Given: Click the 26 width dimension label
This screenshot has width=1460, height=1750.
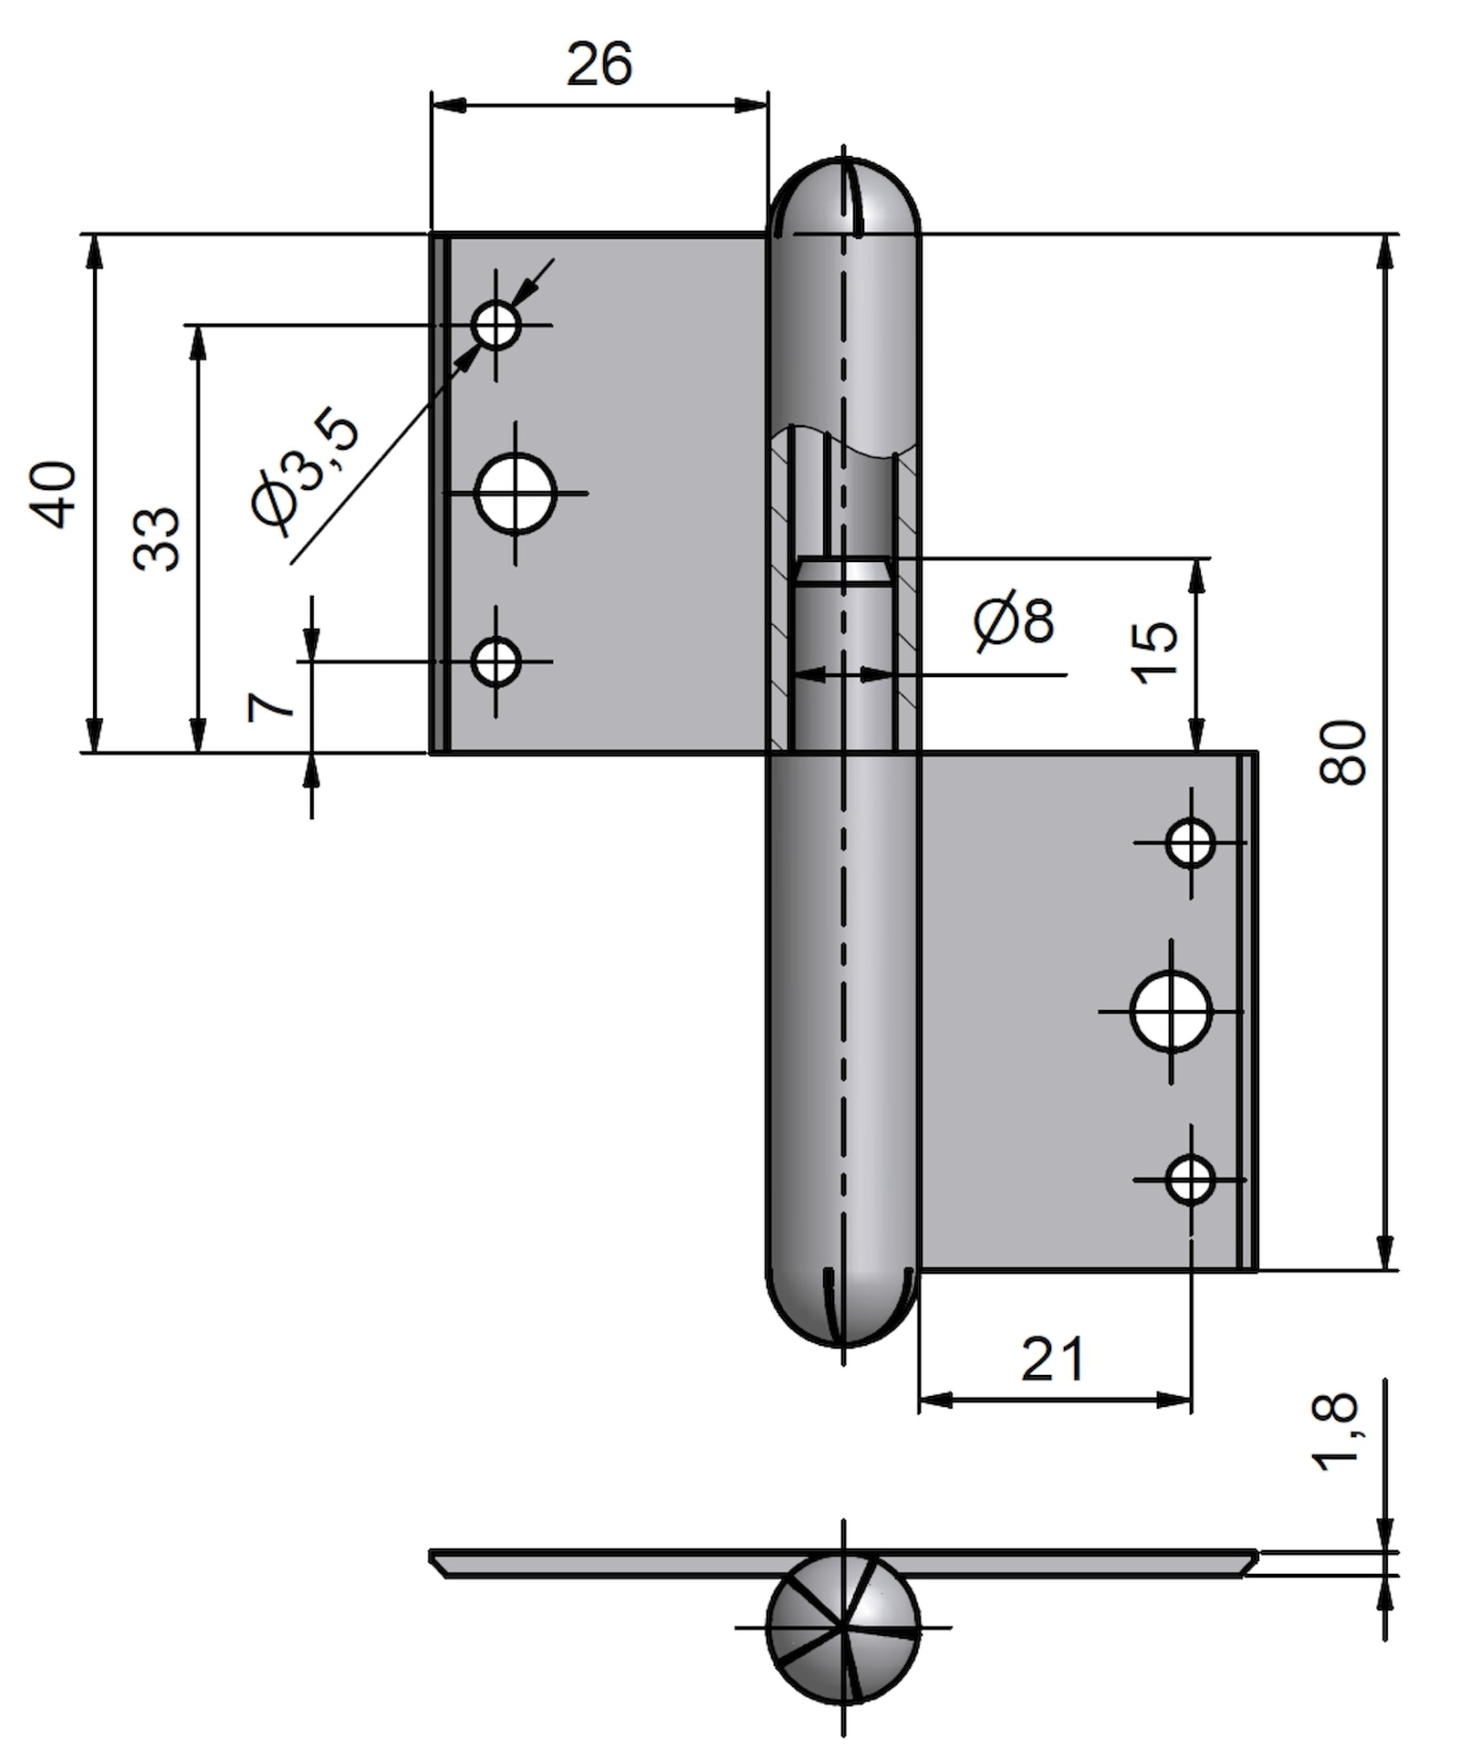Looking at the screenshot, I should pos(599,65).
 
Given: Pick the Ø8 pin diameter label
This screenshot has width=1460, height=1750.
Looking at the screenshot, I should pos(1014,621).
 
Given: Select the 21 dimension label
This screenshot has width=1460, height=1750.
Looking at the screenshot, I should pos(1053,1359).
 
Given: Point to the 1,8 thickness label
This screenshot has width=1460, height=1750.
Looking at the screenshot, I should pos(1335,1432).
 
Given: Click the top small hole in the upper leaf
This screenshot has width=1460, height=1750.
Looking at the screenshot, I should pos(496,325).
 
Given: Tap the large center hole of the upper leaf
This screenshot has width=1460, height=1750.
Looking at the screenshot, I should pos(516,493).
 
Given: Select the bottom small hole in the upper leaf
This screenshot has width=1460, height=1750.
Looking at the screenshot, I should pos(496,661).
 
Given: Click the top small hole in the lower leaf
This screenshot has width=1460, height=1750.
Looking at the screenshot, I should pos(1191,842).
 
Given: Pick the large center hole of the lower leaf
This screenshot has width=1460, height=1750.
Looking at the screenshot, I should pos(1171,1011).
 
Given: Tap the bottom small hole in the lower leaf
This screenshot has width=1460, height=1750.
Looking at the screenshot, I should pos(1191,1179).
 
